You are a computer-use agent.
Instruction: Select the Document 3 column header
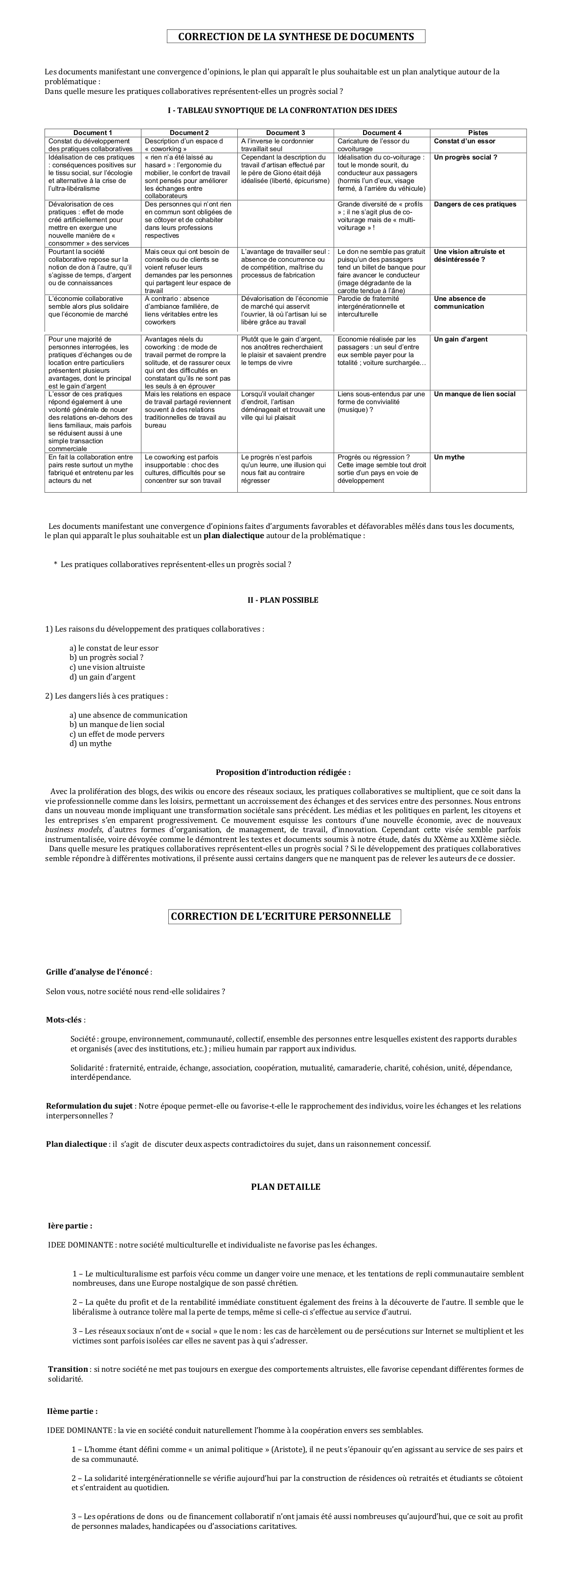tap(285, 133)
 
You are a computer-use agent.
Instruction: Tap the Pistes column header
tap(478, 133)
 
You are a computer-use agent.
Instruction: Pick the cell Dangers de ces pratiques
tap(475, 204)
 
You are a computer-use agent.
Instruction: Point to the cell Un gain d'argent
tap(460, 340)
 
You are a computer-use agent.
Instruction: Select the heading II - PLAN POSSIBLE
tap(283, 600)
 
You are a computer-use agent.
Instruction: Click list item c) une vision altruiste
tap(107, 667)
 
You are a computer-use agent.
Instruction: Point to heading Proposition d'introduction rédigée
tap(283, 772)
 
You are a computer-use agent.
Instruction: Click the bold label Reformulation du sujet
tap(89, 1106)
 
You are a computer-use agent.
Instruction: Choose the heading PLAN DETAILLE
tap(285, 1187)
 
